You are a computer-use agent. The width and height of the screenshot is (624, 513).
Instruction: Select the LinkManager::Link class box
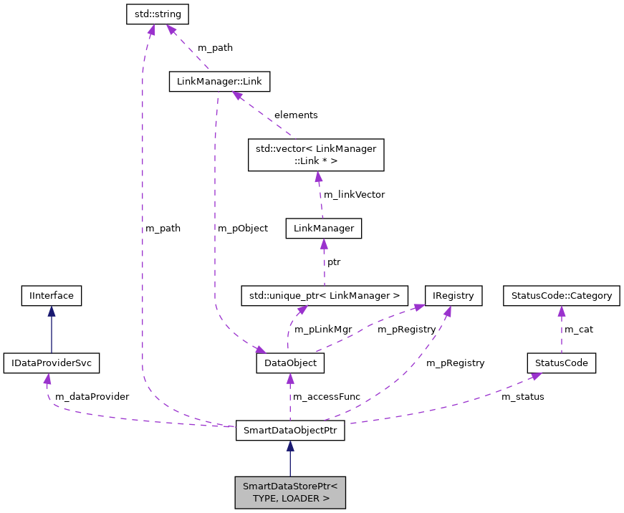[x=219, y=82]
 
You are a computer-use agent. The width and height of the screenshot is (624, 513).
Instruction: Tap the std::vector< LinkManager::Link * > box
[x=316, y=155]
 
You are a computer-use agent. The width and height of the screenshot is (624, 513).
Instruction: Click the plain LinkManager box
[x=323, y=229]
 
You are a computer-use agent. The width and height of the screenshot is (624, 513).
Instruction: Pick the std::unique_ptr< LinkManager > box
[x=325, y=294]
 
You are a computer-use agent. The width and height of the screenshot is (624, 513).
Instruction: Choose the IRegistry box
[x=453, y=294]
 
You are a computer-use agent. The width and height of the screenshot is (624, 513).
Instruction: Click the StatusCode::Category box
[x=561, y=294]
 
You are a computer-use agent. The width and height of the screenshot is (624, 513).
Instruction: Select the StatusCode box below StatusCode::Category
[x=561, y=363]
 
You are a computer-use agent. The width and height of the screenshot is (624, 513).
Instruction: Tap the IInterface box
[x=52, y=294]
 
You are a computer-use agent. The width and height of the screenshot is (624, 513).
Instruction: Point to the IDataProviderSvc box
[x=51, y=363]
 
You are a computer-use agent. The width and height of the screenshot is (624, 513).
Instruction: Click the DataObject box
[x=290, y=363]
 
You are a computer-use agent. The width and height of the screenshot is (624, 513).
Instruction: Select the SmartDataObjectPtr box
[x=290, y=431]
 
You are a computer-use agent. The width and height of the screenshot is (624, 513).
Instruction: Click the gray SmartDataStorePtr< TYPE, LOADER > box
[x=290, y=492]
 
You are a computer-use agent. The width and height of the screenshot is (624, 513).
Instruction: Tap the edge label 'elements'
[x=296, y=115]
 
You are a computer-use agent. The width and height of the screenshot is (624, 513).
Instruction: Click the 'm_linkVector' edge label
[x=355, y=194]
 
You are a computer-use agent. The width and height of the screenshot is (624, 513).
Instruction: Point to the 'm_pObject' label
[x=243, y=228]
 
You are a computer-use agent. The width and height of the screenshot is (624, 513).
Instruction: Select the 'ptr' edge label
[x=334, y=262]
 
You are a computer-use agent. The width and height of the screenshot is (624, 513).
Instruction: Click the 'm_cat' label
[x=579, y=329]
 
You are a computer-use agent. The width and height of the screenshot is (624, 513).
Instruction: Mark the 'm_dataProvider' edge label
[x=92, y=396]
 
